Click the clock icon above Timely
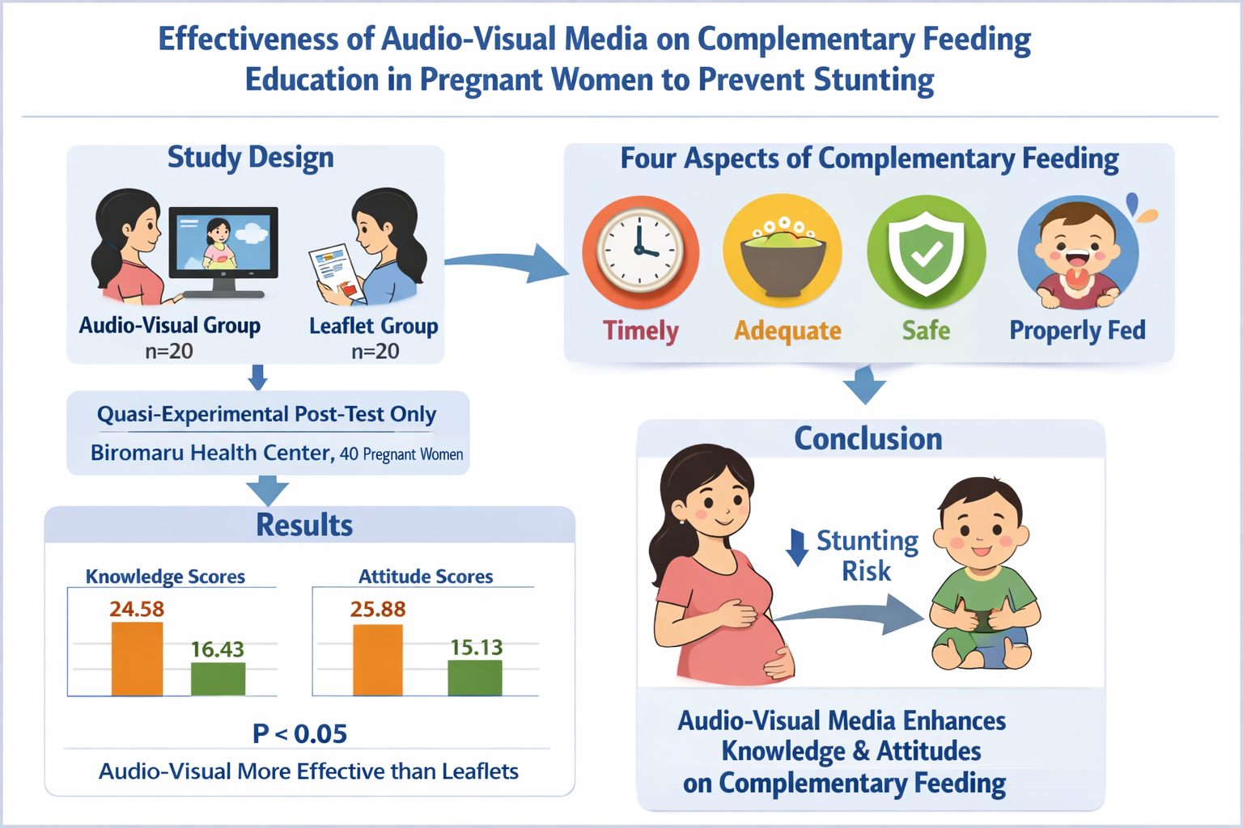[x=640, y=251]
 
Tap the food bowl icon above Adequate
[x=783, y=251]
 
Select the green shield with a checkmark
[x=926, y=251]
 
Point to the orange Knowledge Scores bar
[x=137, y=659]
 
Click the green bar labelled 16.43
[x=218, y=679]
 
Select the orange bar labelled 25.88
[x=378, y=660]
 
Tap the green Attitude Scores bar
[x=475, y=678]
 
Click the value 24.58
[x=137, y=609]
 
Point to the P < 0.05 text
[x=300, y=733]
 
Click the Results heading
[x=304, y=525]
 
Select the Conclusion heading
[x=868, y=438]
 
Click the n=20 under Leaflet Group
[x=375, y=351]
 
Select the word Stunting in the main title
[x=873, y=80]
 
